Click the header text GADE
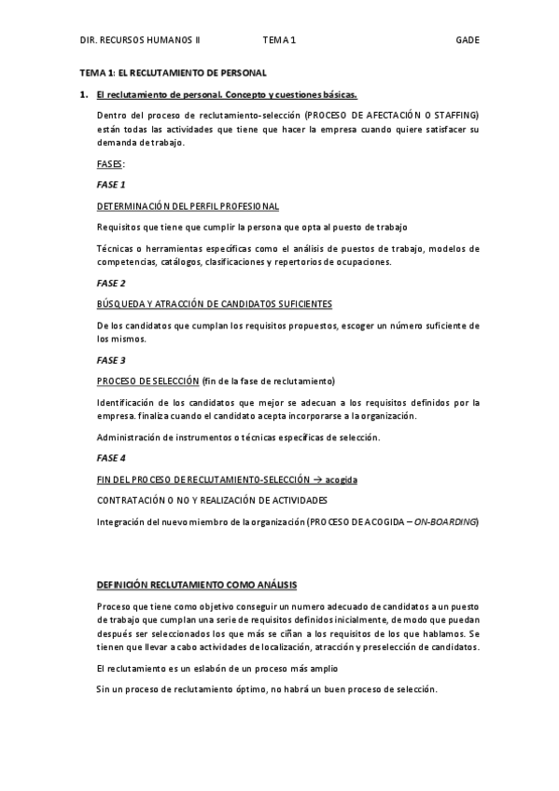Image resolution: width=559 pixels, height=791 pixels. (x=467, y=40)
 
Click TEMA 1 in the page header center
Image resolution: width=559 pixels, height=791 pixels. (x=279, y=40)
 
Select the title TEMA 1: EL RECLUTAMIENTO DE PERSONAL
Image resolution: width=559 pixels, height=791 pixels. (x=173, y=72)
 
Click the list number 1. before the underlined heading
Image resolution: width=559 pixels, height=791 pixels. (x=84, y=94)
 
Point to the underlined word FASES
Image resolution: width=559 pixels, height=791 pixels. (x=110, y=163)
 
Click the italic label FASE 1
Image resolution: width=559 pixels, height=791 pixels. (x=111, y=184)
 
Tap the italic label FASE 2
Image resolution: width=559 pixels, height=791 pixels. (x=111, y=283)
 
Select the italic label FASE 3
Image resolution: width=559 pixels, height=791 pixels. (x=111, y=359)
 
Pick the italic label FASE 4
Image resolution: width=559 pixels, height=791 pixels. (x=111, y=457)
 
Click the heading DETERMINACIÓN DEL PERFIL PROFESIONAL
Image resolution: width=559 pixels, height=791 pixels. (x=188, y=205)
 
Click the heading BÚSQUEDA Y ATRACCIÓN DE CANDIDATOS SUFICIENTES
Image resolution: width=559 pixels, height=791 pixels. (x=215, y=304)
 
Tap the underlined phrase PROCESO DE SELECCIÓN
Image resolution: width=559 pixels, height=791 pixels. (x=147, y=381)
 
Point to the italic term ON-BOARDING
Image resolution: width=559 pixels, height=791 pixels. (x=444, y=521)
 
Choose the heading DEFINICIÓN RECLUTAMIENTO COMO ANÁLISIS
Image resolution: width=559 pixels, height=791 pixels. (x=197, y=585)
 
